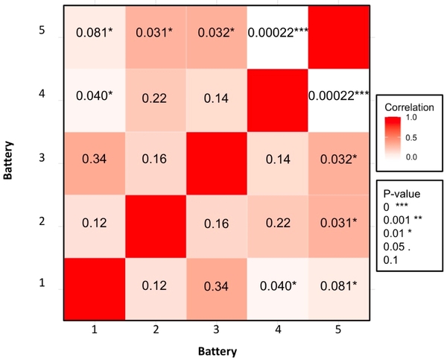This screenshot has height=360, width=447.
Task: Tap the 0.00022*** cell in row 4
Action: pyautogui.click(x=339, y=95)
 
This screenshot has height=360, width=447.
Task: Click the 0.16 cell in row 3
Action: pyautogui.click(x=154, y=159)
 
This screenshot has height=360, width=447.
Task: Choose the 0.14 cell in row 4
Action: pyautogui.click(x=216, y=95)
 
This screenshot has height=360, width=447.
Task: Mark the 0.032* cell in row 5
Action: pyautogui.click(x=216, y=32)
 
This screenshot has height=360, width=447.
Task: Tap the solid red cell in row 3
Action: pyautogui.click(x=216, y=159)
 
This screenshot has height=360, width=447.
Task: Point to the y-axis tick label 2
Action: pyautogui.click(x=42, y=221)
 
